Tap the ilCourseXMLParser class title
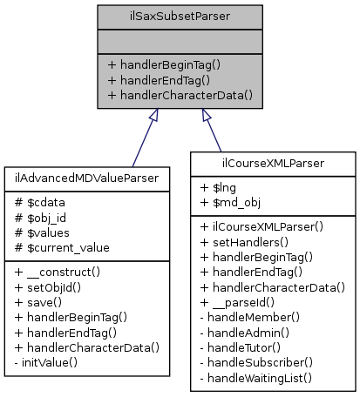(274, 162)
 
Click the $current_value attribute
(62, 248)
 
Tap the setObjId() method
(52, 286)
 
